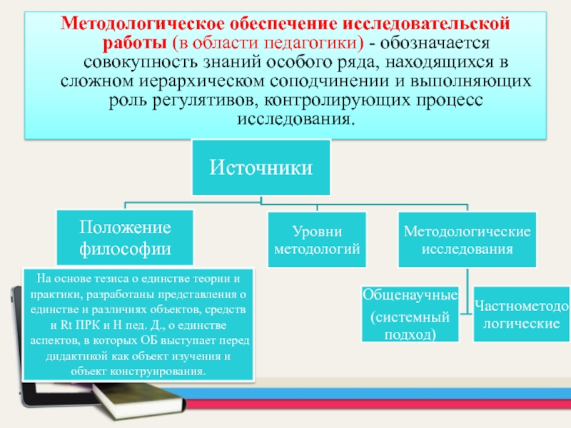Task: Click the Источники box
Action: [261, 168]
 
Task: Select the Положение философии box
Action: [125, 238]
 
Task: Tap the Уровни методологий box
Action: [317, 240]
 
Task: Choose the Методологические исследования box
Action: [467, 240]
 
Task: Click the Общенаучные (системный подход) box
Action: [410, 314]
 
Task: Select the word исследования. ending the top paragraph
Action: [293, 116]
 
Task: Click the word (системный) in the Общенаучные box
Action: [410, 315]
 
